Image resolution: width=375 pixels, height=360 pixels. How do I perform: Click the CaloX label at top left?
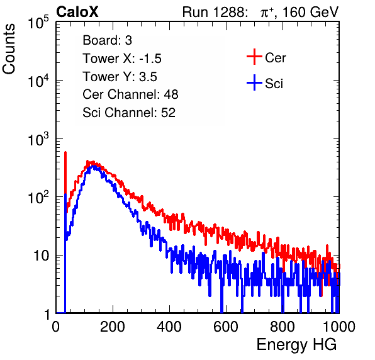point(77,12)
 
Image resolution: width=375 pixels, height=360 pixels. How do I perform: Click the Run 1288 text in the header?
point(215,12)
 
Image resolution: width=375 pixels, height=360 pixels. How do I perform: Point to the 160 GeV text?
point(311,12)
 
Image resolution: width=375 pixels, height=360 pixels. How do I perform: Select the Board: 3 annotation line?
point(107,40)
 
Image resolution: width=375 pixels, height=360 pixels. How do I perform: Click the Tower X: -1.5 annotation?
point(122,59)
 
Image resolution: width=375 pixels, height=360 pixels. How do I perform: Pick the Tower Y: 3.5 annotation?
point(120,77)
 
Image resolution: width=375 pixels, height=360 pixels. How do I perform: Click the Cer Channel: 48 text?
point(130,94)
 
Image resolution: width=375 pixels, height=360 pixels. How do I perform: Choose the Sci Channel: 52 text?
point(129,113)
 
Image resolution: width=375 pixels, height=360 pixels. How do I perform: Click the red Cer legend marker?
point(254,57)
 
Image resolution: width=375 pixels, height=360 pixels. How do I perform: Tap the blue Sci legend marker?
point(254,82)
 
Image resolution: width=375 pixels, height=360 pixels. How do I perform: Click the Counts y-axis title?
point(9,49)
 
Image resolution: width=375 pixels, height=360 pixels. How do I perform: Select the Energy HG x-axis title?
point(296,345)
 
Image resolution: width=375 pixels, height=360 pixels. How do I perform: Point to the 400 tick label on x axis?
point(169,327)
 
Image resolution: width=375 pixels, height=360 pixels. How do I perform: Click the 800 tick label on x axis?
point(283,327)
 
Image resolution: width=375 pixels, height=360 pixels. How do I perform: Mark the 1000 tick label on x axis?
point(339,327)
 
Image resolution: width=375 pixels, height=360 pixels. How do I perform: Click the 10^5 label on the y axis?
point(38,22)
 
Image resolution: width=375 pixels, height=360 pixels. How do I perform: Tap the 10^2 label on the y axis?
point(38,197)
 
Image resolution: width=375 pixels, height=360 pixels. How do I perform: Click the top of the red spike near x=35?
point(65,152)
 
